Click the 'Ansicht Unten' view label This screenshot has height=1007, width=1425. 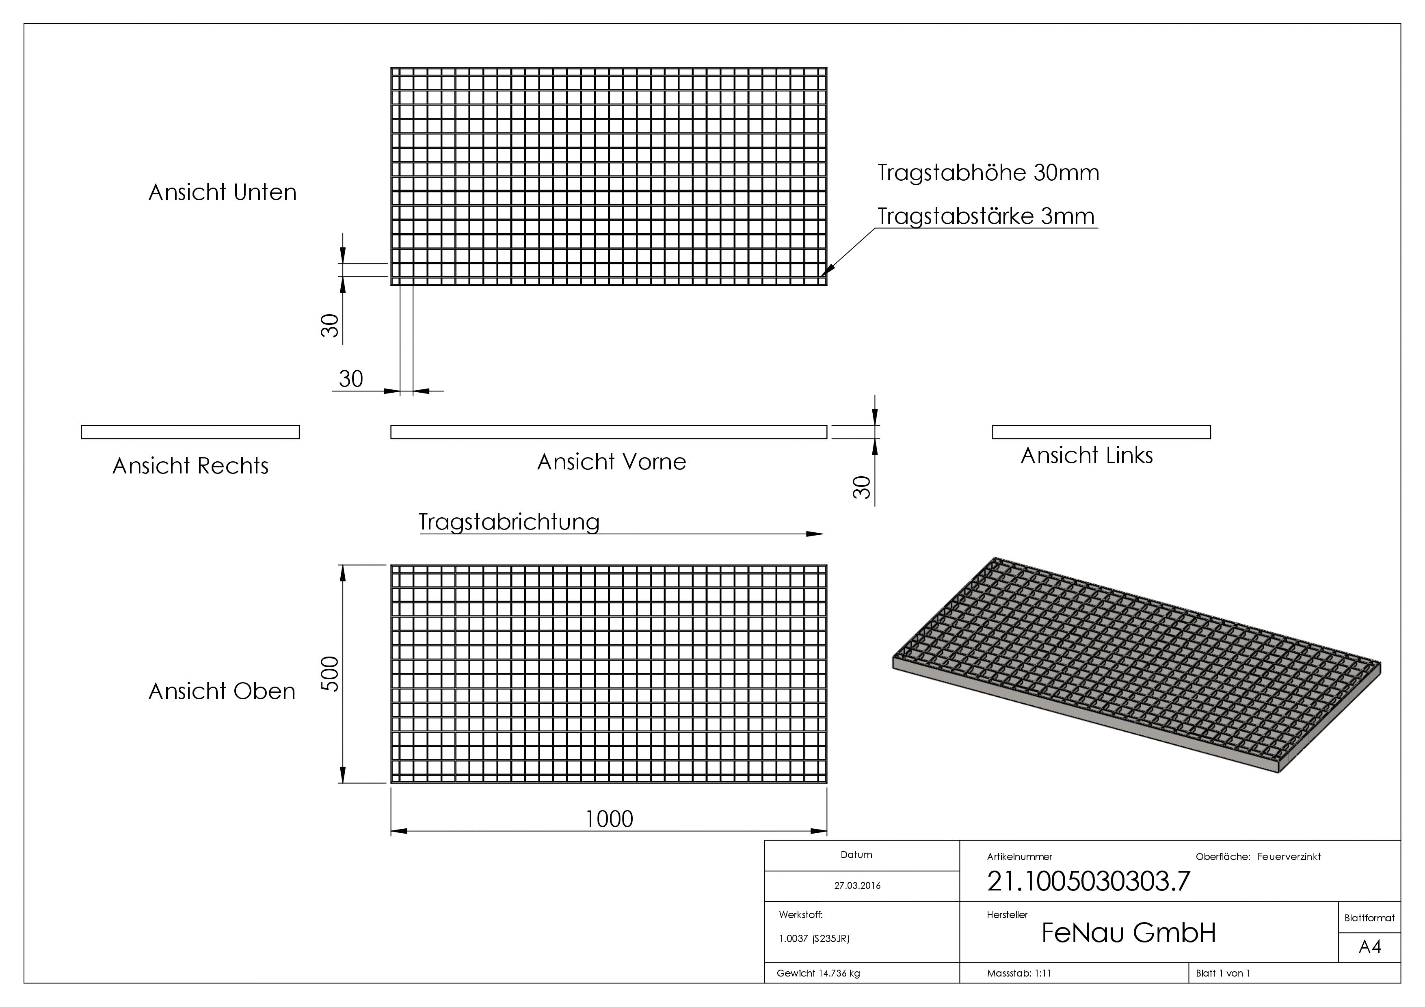click(x=222, y=192)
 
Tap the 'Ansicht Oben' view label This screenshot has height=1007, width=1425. click(x=222, y=691)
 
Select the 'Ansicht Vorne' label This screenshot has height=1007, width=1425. click(x=611, y=462)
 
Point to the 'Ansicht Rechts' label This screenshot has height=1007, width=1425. click(x=190, y=466)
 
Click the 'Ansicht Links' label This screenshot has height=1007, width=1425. click(x=1087, y=456)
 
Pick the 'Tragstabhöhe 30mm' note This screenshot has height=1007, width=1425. click(x=988, y=173)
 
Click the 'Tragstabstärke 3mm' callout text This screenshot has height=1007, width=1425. click(x=986, y=216)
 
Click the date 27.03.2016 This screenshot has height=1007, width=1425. click(x=857, y=886)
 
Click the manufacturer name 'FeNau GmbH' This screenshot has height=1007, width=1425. click(x=1128, y=933)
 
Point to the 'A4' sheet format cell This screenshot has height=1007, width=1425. click(x=1370, y=947)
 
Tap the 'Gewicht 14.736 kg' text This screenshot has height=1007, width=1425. click(x=818, y=973)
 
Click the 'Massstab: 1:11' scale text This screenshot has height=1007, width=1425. click(x=1019, y=973)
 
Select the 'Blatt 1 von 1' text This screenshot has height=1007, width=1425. click(x=1223, y=973)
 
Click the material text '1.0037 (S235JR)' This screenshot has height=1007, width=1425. click(x=814, y=939)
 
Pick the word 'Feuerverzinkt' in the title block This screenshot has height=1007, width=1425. click(x=1289, y=857)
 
